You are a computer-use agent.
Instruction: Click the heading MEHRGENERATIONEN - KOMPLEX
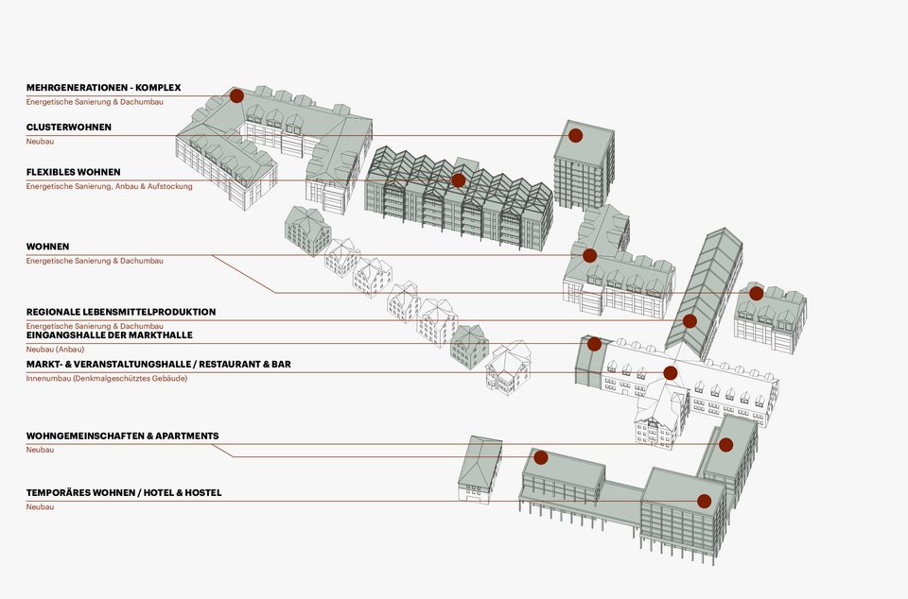(x=103, y=88)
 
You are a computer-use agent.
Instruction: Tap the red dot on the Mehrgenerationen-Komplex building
(x=236, y=95)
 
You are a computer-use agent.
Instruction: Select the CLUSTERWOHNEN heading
(x=69, y=127)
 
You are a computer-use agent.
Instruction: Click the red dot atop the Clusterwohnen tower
(x=575, y=135)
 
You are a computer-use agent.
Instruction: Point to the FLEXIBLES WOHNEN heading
(x=74, y=172)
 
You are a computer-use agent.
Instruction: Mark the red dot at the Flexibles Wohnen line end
(x=459, y=180)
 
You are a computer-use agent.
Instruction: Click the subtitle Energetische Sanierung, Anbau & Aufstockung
(x=109, y=186)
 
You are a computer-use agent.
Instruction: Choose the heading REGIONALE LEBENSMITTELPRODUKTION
(x=121, y=312)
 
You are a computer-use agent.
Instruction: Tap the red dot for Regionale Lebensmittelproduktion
(x=690, y=321)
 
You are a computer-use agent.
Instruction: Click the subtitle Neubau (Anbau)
(x=53, y=350)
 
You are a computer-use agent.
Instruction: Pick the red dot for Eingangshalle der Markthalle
(x=594, y=344)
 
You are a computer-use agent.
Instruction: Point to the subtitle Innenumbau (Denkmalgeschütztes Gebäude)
(x=106, y=378)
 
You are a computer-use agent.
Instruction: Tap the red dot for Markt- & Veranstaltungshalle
(x=671, y=373)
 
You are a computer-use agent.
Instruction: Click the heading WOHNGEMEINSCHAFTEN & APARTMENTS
(x=122, y=436)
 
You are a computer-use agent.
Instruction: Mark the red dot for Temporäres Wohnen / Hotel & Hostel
(x=704, y=501)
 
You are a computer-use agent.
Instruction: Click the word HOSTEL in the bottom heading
(x=202, y=493)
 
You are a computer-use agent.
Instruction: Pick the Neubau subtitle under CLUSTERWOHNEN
(x=40, y=141)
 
